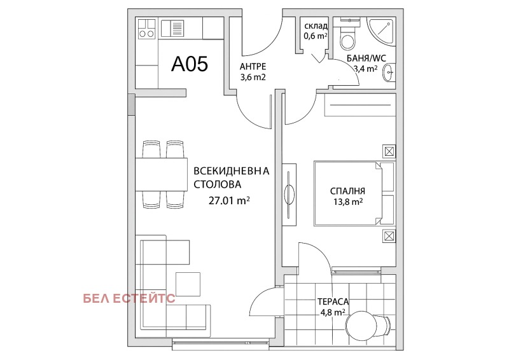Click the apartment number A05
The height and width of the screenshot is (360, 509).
190,64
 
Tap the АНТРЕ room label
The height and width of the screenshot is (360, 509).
253,67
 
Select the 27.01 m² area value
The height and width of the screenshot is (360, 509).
229,200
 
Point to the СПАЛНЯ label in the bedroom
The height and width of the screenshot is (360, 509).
347,191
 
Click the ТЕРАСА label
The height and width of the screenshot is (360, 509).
333,301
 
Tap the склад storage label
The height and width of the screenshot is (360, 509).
316,26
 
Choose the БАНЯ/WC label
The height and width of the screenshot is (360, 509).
366,59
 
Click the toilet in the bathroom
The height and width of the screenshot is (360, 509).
347,38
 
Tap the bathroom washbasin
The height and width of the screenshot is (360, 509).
389,73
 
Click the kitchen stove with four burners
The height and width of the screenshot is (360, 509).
147,29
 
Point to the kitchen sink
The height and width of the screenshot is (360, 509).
172,28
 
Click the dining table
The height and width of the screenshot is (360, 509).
162,174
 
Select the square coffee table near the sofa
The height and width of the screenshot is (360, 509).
188,284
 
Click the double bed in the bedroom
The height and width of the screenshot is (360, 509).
354,193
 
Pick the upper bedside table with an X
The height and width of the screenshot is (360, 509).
389,151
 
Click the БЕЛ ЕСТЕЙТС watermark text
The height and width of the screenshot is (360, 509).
129,299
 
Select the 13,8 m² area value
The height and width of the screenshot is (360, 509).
347,202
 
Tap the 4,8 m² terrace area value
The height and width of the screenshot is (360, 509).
332,312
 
